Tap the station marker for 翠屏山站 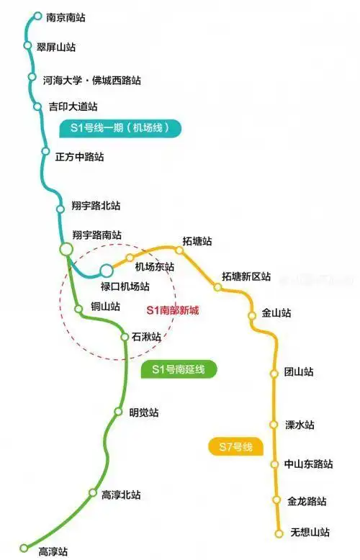[x=28, y=46]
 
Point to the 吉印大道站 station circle [x=37, y=107]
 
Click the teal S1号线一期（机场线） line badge [x=120, y=129]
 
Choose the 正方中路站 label [x=79, y=156]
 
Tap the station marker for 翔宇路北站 [x=60, y=209]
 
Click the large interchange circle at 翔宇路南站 [x=66, y=249]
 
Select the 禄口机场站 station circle [x=107, y=271]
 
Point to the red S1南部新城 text [x=172, y=310]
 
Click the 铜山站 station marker [x=78, y=310]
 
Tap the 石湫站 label [x=146, y=336]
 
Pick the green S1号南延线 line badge [x=179, y=370]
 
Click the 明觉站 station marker [x=119, y=412]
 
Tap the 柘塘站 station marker [x=180, y=250]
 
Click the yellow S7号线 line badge [x=235, y=446]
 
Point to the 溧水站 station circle [x=274, y=425]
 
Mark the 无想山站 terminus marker [x=279, y=533]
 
